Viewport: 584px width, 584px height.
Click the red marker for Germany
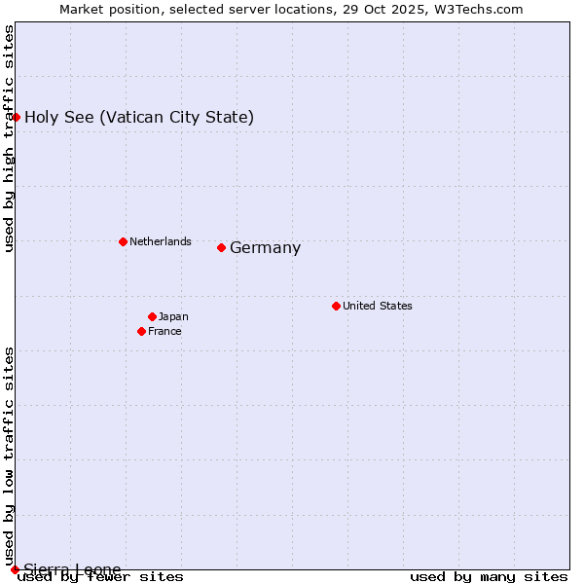coord(221,247)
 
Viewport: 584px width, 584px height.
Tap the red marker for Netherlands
coord(123,241)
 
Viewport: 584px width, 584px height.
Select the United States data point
coord(336,306)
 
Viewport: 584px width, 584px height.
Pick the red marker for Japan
coord(152,316)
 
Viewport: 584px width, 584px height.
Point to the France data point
coord(141,331)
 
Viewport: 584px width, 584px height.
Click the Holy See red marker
coord(16,117)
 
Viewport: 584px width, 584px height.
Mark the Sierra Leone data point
coord(15,569)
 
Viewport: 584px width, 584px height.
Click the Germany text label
coord(265,248)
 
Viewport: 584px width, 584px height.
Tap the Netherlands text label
coord(160,241)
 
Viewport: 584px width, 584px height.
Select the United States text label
coord(377,306)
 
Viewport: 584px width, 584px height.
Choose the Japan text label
coord(173,316)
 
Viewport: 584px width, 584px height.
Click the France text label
coord(164,331)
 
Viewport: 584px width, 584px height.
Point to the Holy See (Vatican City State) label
coord(139,118)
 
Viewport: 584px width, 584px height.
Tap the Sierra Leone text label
coord(72,569)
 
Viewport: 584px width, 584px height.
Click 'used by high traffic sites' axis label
coord(9,138)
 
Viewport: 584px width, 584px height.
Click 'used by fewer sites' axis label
coord(100,576)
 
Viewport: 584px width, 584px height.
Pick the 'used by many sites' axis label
coord(489,576)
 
